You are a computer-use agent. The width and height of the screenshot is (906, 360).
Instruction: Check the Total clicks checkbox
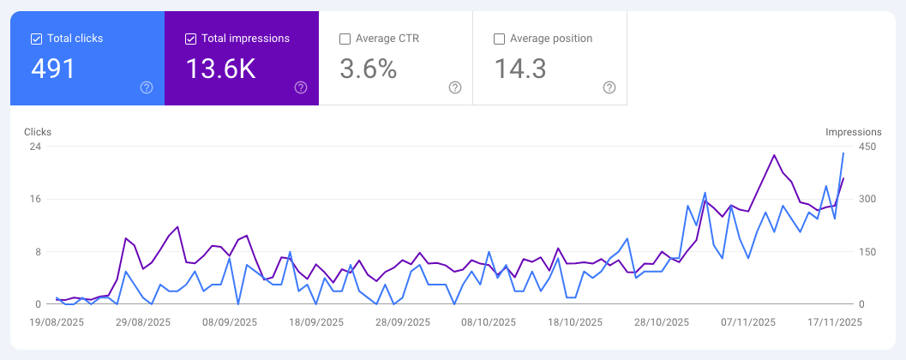coord(36,39)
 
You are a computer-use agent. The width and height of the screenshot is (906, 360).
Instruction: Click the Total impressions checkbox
coord(190,39)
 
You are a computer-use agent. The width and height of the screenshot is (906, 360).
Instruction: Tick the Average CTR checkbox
coord(345,39)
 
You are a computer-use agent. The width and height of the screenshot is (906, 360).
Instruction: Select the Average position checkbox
coord(499,39)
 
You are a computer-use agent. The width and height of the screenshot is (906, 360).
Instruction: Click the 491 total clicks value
coord(53,69)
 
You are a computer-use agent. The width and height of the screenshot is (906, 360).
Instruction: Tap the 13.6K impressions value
coord(221,69)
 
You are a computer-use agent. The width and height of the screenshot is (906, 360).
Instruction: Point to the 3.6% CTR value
coord(369,69)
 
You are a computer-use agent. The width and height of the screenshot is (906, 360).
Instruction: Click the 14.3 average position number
coord(520,69)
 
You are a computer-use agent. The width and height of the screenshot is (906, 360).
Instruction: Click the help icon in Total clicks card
coord(147,87)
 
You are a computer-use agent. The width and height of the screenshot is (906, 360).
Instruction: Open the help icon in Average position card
coord(609,87)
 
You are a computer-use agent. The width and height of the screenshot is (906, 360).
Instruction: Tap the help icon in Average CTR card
coord(455,87)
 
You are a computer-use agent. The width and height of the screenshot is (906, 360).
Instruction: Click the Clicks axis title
coord(38,132)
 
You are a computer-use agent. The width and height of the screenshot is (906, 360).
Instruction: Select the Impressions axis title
coord(853,132)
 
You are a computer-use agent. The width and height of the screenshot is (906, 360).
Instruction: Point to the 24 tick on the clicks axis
coord(36,147)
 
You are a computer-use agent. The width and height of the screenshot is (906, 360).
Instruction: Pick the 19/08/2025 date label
coord(56,322)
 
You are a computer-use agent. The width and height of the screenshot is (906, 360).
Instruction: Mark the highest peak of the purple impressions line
coord(774,155)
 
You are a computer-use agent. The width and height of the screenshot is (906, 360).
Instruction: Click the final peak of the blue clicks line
coord(843,153)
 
